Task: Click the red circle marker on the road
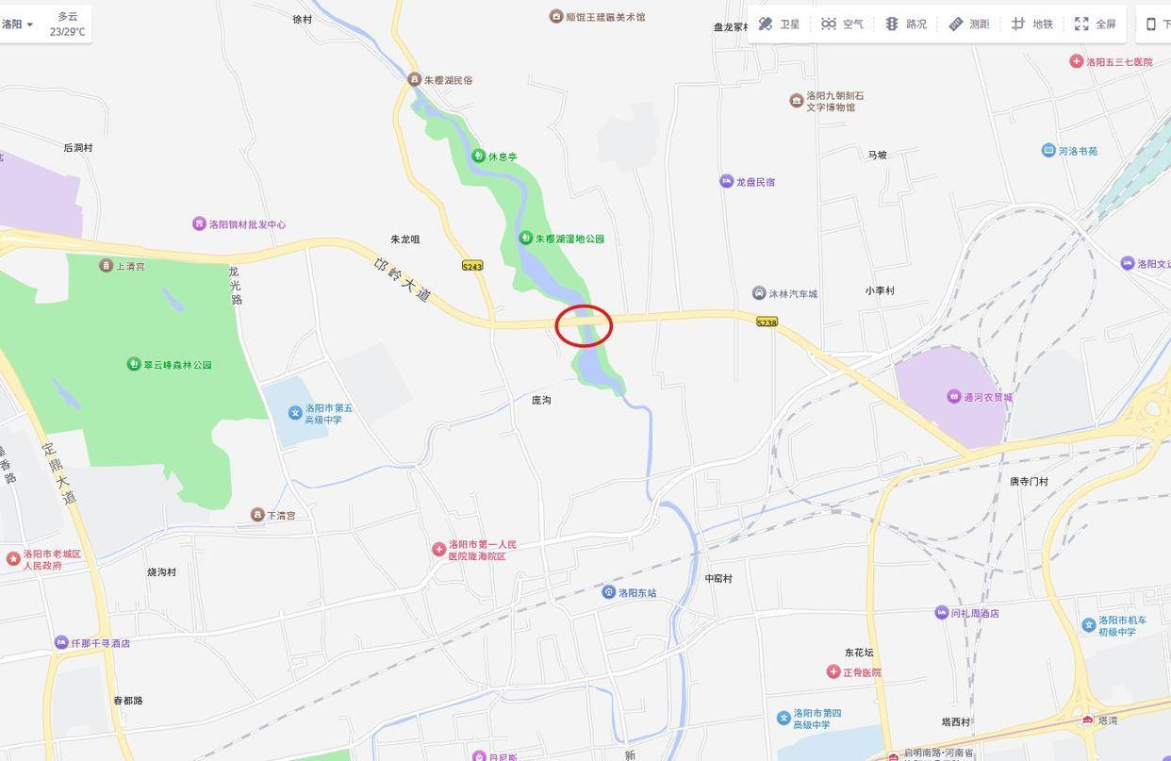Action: [x=584, y=325]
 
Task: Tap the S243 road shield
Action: [x=472, y=266]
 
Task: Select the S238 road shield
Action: [x=767, y=322]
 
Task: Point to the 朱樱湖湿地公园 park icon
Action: [x=526, y=239]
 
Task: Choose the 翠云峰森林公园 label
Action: [x=177, y=365]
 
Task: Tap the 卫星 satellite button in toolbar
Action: [x=779, y=24]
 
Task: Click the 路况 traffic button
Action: [x=905, y=24]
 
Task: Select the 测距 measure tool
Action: [x=968, y=24]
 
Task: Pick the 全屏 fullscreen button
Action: [x=1095, y=24]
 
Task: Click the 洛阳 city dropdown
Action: [x=18, y=24]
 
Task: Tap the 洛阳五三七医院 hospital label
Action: [x=1119, y=62]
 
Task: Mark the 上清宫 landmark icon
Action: [x=106, y=266]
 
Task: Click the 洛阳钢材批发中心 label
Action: [x=247, y=224]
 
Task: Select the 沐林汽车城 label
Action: [x=793, y=293]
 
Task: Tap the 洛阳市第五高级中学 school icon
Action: [x=295, y=412]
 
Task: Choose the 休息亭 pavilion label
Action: [x=503, y=157]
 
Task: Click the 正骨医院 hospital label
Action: [x=862, y=672]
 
